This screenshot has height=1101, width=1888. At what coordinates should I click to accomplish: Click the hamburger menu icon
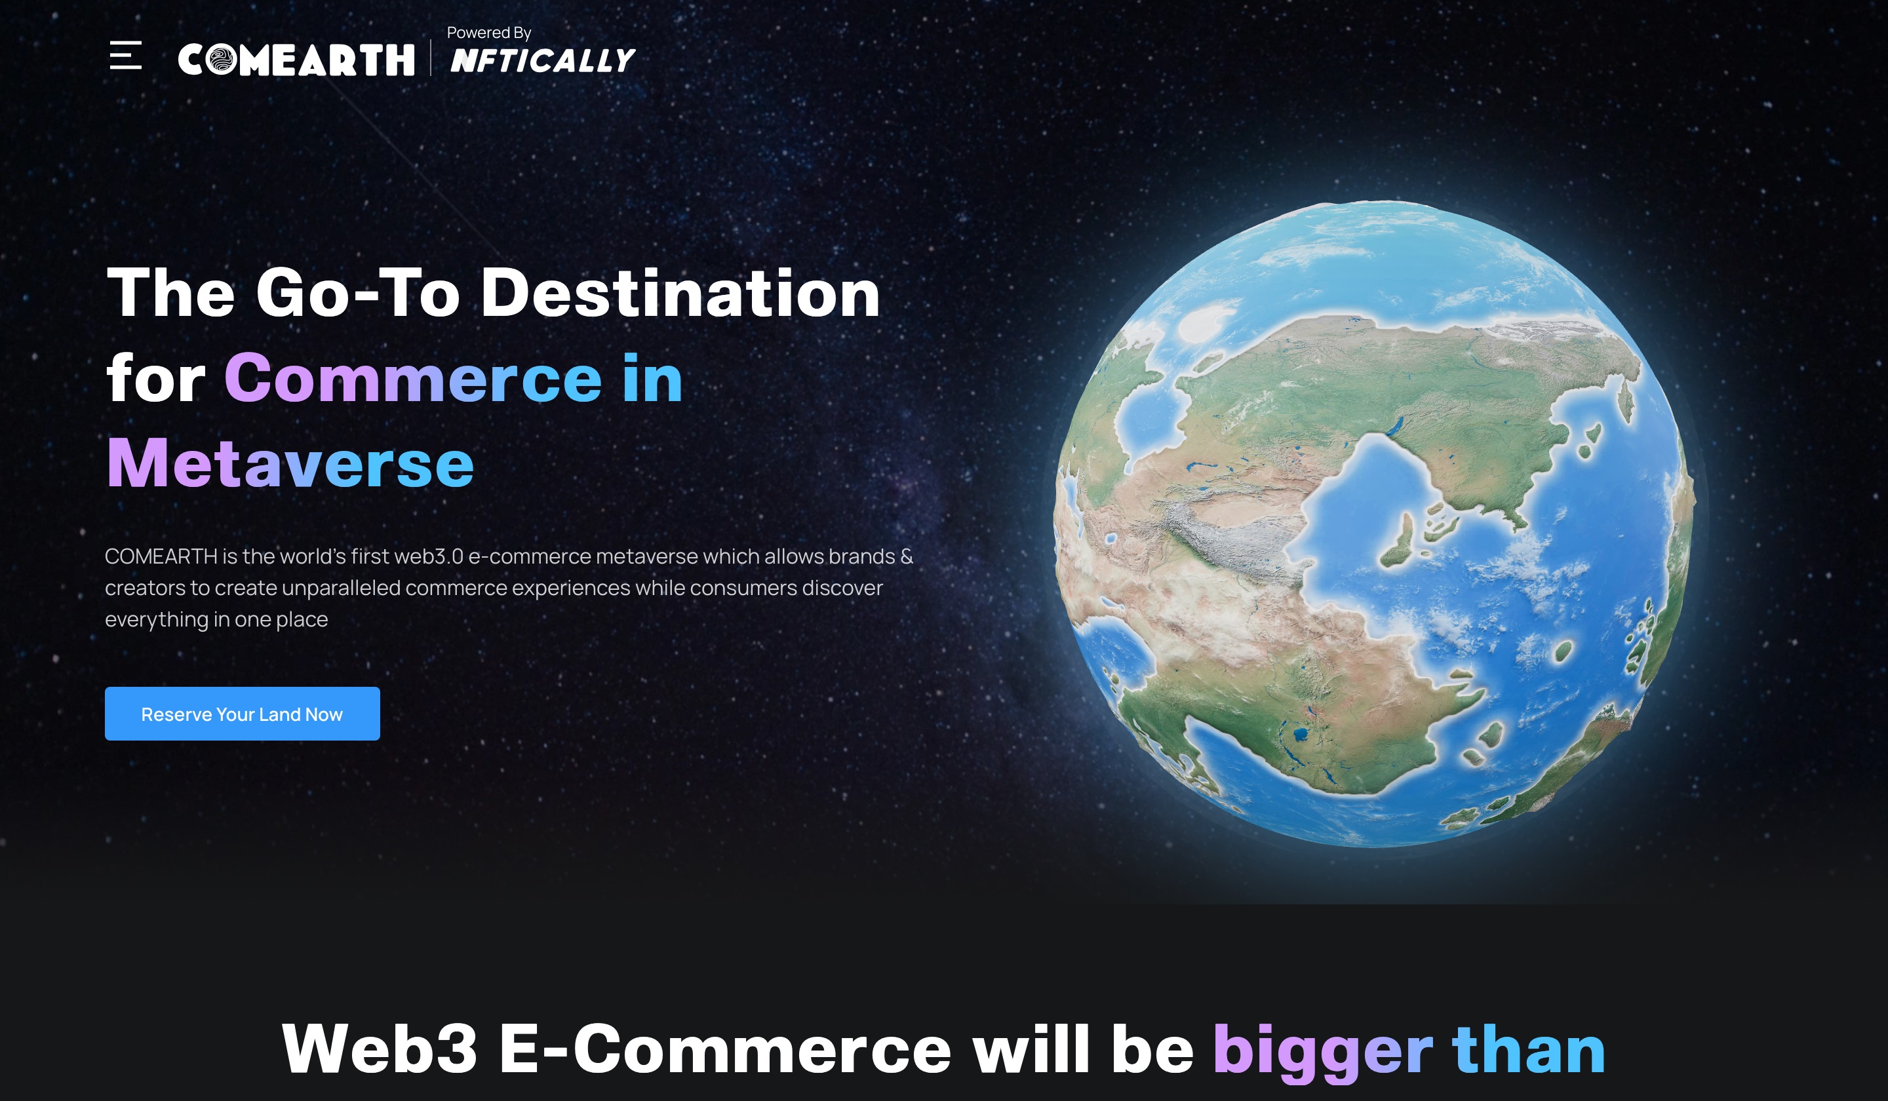(x=126, y=56)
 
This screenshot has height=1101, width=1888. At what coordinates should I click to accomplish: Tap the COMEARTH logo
(x=296, y=60)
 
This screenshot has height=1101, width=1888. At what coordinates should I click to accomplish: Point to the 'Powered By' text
(x=488, y=33)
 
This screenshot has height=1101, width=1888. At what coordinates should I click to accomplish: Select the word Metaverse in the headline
(x=290, y=463)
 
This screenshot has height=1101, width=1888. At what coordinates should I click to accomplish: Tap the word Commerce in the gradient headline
(x=413, y=379)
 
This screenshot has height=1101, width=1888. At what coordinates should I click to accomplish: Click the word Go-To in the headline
(x=357, y=293)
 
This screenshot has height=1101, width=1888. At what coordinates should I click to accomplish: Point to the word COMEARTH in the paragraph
(x=161, y=556)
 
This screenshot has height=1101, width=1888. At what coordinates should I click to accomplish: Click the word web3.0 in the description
(x=429, y=556)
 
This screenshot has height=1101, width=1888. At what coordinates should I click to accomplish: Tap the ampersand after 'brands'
(x=907, y=556)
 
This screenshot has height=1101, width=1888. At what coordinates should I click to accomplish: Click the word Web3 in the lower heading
(x=379, y=1049)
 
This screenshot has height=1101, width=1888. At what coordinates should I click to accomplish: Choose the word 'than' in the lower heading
(x=1528, y=1049)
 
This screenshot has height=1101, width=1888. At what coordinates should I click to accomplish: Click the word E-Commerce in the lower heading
(x=724, y=1049)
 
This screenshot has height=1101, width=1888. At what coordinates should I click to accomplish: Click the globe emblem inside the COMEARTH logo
(x=221, y=60)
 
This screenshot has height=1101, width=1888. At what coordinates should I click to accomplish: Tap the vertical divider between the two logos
(x=431, y=58)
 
